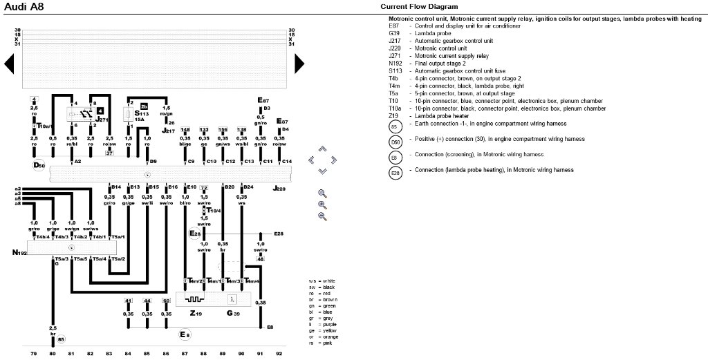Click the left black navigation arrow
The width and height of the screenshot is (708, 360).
[x=9, y=64]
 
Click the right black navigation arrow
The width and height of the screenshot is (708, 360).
[x=299, y=64]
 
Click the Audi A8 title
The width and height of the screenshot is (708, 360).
[x=21, y=7]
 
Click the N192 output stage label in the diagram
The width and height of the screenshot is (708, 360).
[x=19, y=253]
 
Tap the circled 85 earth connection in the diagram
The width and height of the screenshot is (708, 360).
[x=61, y=339]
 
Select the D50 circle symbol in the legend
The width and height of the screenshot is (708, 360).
[x=395, y=142]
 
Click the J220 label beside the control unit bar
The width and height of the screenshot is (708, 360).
[x=279, y=188]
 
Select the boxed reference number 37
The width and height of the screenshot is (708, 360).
[x=109, y=152]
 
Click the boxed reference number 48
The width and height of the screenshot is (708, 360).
[x=260, y=259]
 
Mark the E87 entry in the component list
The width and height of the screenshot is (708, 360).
[x=395, y=26]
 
